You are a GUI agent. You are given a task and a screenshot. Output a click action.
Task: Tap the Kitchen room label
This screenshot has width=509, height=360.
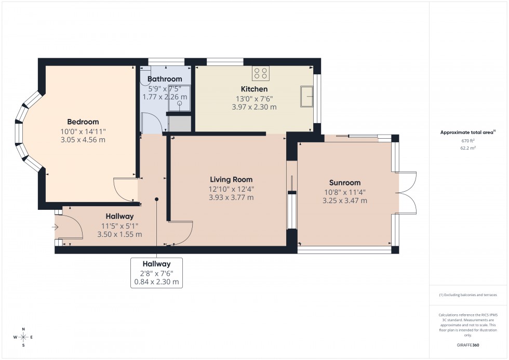(x=254, y=89)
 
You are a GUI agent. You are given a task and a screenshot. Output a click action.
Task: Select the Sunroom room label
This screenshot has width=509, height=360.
(x=344, y=182)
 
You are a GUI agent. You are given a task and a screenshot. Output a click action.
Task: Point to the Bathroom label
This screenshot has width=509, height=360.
(x=165, y=79)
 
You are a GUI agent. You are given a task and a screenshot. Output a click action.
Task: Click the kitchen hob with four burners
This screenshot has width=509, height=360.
(x=261, y=73)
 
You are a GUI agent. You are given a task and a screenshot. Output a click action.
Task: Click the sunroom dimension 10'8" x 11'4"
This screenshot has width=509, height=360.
(x=344, y=192)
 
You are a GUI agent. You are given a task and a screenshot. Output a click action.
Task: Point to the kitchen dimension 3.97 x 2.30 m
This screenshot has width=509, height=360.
(x=254, y=107)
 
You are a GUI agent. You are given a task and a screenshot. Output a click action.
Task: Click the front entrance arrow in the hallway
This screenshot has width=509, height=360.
(x=56, y=226)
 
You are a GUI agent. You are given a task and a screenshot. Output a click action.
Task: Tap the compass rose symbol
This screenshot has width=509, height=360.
(x=23, y=337)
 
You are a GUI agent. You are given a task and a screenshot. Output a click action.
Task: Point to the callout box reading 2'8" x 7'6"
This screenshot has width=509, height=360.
(x=156, y=273)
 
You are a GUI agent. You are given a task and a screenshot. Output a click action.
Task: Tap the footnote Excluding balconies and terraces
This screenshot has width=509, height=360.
(x=469, y=295)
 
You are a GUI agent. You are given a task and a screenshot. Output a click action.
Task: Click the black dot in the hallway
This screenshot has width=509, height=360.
(x=156, y=198)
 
